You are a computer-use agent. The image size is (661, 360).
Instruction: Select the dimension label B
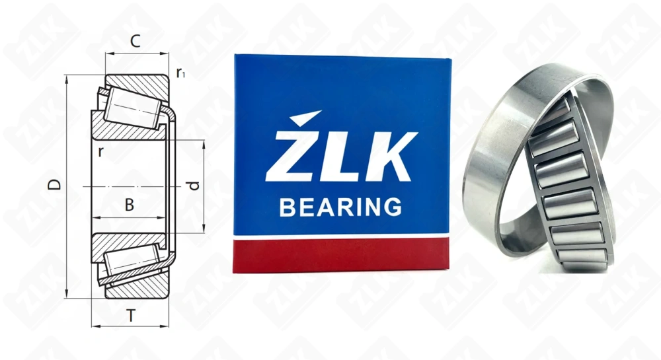(x=130, y=205)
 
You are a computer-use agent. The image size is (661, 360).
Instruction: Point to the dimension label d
(x=193, y=186)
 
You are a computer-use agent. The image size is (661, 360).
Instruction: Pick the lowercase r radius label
(x=100, y=151)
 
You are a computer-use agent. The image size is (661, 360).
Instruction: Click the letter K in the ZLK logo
(x=389, y=156)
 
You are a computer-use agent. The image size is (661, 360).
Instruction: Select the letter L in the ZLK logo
(x=338, y=156)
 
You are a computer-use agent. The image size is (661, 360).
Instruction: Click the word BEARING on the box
(x=340, y=207)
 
